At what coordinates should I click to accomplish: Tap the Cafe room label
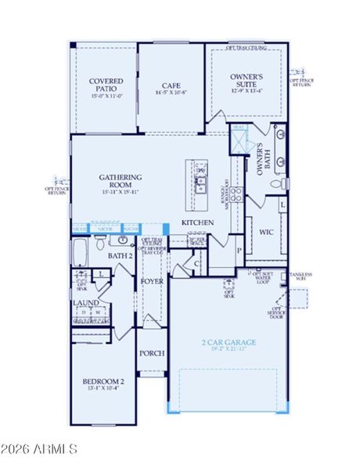pyautogui.click(x=172, y=86)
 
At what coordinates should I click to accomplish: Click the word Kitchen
pyautogui.click(x=198, y=223)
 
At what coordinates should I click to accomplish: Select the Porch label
pyautogui.click(x=152, y=353)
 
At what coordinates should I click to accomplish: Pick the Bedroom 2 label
pyautogui.click(x=103, y=381)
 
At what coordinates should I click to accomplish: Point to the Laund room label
pyautogui.click(x=85, y=302)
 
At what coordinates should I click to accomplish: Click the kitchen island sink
pyautogui.click(x=200, y=184)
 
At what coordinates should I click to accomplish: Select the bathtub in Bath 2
pyautogui.click(x=81, y=251)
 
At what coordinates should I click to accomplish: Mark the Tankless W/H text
pyautogui.click(x=301, y=277)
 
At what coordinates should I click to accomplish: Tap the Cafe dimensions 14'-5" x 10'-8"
pyautogui.click(x=172, y=93)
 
